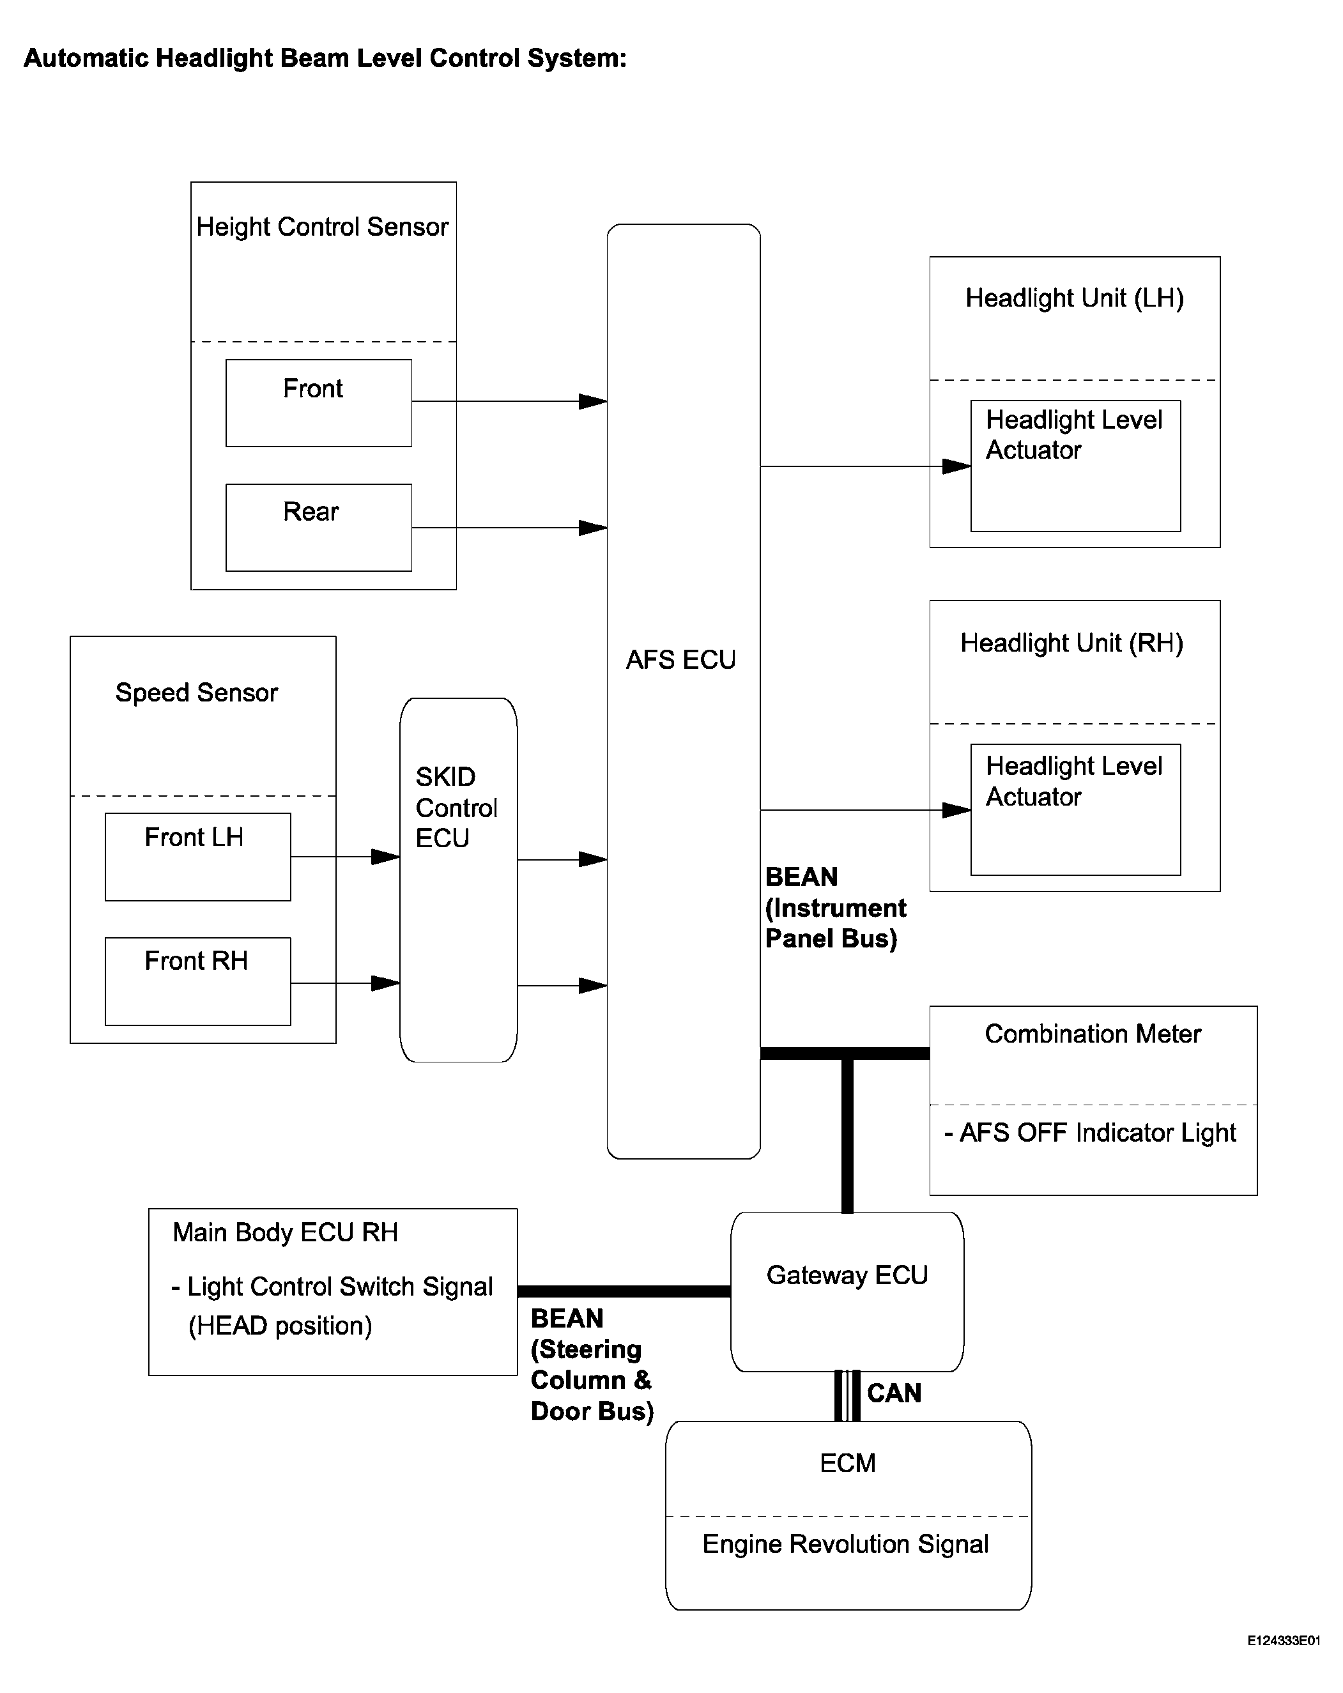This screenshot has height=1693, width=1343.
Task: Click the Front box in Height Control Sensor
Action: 318,403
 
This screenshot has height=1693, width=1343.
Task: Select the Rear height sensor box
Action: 318,527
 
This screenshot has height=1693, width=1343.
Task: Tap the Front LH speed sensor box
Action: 198,857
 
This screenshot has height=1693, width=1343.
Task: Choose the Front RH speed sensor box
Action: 198,981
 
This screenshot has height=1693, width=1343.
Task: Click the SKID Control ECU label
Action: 456,808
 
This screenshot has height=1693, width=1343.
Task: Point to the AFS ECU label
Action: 681,659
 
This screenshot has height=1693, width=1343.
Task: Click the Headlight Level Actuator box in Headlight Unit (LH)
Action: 1075,466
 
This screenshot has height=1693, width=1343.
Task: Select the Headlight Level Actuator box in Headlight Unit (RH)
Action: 1075,809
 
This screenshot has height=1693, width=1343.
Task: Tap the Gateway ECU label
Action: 847,1275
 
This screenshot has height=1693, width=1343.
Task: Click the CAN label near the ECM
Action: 894,1393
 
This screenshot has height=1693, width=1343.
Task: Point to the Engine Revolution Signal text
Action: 846,1544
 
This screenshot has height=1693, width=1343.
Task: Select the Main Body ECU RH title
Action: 285,1232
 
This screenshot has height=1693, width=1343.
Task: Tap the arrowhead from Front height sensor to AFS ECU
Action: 593,401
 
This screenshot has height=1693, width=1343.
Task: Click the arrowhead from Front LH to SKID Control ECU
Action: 386,857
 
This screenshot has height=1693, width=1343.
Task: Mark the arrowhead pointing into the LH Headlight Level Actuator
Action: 956,466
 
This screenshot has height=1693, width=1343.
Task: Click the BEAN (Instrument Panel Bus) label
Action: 836,908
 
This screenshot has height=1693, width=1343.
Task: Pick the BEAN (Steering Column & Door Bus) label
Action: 592,1365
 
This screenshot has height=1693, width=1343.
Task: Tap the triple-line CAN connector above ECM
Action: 847,1396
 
